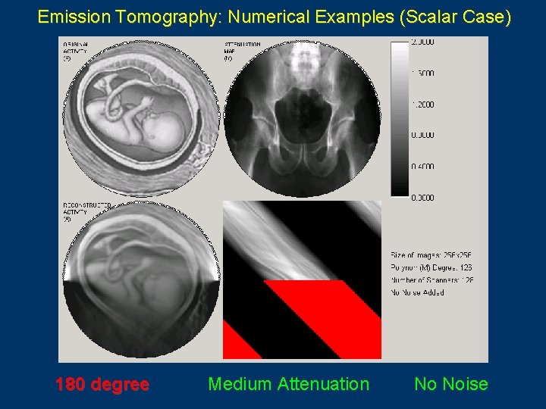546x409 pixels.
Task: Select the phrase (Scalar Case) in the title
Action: point(454,16)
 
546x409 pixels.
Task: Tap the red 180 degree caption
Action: point(102,384)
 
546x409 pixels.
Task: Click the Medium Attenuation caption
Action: point(288,384)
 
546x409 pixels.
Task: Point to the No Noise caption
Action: point(450,384)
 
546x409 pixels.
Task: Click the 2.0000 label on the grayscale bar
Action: point(423,43)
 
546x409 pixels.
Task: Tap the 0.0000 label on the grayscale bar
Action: point(423,198)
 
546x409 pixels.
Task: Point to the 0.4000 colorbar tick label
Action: point(423,167)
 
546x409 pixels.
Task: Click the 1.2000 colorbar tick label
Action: point(423,105)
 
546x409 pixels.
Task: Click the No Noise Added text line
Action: point(418,292)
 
